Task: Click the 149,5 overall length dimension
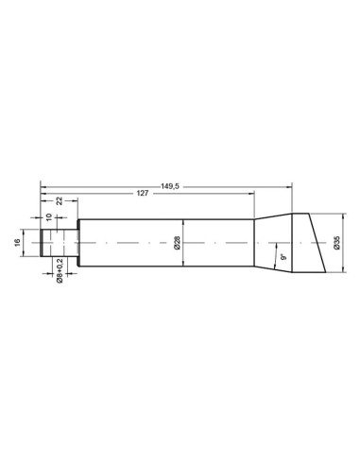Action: click(170, 187)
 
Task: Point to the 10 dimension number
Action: click(49, 215)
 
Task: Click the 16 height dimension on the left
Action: click(18, 242)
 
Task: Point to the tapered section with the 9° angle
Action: click(274, 236)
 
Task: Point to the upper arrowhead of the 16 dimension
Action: click(26, 231)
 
